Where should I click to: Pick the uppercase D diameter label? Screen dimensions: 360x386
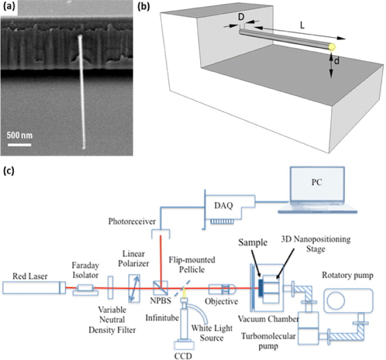click(241, 19)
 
